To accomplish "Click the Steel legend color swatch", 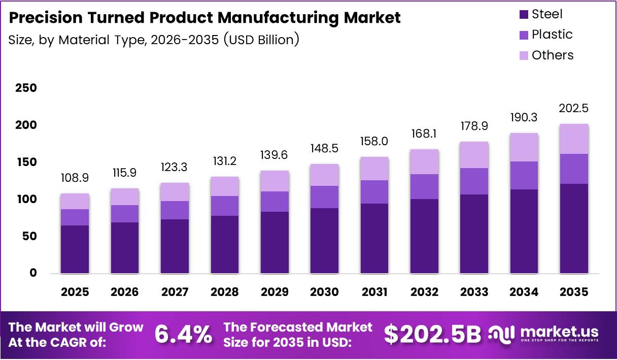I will coord(523,15).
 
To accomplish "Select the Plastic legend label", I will coord(552,35).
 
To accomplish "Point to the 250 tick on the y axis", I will coord(26,88).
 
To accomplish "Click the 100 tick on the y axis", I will coord(26,199).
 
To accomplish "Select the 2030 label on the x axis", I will coord(324,292).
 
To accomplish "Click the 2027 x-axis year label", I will coord(175,292).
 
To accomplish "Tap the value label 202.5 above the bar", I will coord(573,109).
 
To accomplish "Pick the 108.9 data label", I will coord(75,178).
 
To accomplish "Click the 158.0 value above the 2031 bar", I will coord(374,142).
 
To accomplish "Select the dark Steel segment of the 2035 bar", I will coord(574,228).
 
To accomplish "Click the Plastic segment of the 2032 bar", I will coord(424,186).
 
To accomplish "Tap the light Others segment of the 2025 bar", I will coord(75,201).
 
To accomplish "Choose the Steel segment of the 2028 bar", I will coord(224,244).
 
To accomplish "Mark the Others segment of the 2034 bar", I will coord(524,147).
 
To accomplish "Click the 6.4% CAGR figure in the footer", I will coord(183,334).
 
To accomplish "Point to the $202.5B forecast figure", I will coord(432,334).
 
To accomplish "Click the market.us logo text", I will coord(559,331).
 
